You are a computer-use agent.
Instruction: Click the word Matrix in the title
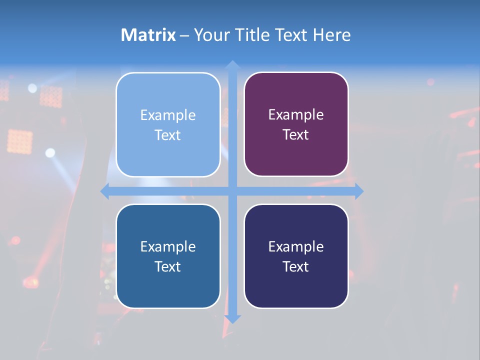pyautogui.click(x=148, y=35)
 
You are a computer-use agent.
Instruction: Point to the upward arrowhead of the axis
pyautogui.click(x=232, y=64)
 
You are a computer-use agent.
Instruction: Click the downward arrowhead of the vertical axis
pyautogui.click(x=232, y=319)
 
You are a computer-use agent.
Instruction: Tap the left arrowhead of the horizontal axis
pyautogui.click(x=105, y=191)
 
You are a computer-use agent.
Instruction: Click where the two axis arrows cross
pyautogui.click(x=232, y=191)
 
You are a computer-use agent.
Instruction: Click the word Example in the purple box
pyautogui.click(x=296, y=115)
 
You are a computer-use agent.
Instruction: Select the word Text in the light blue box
pyautogui.click(x=168, y=135)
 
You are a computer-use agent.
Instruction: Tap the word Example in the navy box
pyautogui.click(x=296, y=246)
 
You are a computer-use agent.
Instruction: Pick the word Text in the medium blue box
pyautogui.click(x=168, y=267)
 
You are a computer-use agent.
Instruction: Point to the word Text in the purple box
pyautogui.click(x=296, y=135)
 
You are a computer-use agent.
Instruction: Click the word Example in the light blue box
pyautogui.click(x=168, y=115)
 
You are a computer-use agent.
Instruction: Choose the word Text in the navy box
pyautogui.click(x=296, y=267)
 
